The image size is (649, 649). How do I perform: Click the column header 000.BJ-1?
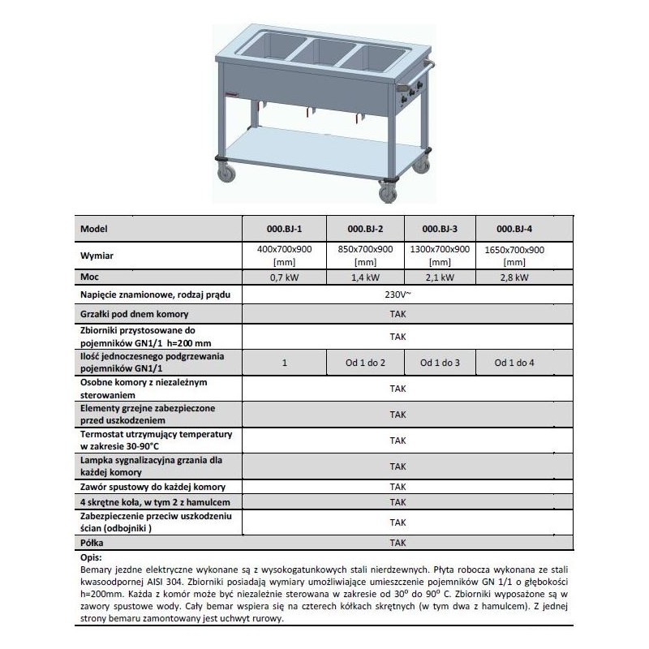284,230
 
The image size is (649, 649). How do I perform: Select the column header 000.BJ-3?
439,230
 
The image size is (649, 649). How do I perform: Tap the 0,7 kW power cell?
284,277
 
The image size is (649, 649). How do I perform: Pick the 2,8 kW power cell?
514,277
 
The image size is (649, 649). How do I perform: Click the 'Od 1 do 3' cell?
439,363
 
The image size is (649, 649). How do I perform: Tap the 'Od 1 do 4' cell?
514,363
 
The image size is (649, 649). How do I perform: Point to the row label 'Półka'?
93,542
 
